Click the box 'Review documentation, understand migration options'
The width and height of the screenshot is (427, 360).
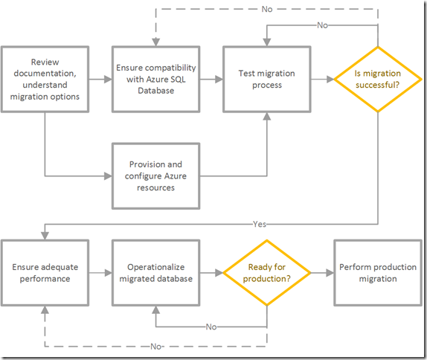(45, 80)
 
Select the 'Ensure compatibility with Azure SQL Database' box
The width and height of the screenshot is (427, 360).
(155, 80)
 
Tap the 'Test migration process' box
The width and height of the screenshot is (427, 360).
(266, 80)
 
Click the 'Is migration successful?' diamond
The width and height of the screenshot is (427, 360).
(378, 80)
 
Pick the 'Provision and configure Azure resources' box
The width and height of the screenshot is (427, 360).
(155, 176)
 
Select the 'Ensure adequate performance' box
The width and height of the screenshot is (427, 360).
(45, 272)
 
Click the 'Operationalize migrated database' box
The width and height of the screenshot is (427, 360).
(155, 272)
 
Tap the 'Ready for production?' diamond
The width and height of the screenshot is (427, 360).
(267, 272)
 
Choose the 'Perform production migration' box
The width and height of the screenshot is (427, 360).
(378, 272)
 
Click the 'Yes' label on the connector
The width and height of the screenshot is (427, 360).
(259, 224)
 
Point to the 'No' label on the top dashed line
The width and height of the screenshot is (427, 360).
(267, 9)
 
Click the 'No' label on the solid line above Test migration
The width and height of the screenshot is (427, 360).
(322, 25)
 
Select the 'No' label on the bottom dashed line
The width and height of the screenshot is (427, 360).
(156, 347)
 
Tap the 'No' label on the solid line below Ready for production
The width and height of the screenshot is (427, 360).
(211, 327)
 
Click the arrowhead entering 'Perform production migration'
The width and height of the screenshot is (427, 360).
(330, 272)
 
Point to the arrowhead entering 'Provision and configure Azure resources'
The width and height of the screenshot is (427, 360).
(108, 176)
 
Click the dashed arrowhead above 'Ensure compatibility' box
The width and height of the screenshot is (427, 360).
(155, 42)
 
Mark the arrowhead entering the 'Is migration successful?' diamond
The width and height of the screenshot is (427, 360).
(330, 80)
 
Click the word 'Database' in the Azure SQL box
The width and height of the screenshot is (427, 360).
(155, 91)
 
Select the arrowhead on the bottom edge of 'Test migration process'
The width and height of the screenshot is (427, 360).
(267, 116)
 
